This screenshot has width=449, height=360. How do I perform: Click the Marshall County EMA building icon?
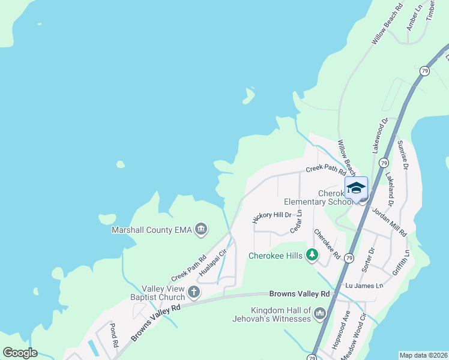(202, 229)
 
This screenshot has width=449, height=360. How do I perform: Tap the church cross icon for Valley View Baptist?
(193, 292)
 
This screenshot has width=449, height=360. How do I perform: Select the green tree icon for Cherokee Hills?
(312, 255)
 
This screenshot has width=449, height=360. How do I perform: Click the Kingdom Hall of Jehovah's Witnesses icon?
(319, 313)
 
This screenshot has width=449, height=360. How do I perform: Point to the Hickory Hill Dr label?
(272, 218)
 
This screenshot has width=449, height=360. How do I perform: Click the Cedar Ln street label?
(297, 221)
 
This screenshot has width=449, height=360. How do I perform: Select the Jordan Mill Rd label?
(389, 221)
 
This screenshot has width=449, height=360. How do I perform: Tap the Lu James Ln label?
(364, 286)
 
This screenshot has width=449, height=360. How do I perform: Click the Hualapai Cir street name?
(212, 262)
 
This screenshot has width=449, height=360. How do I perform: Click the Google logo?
(20, 353)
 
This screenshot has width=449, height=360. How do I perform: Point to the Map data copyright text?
(423, 355)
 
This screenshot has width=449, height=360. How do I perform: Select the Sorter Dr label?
(372, 258)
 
